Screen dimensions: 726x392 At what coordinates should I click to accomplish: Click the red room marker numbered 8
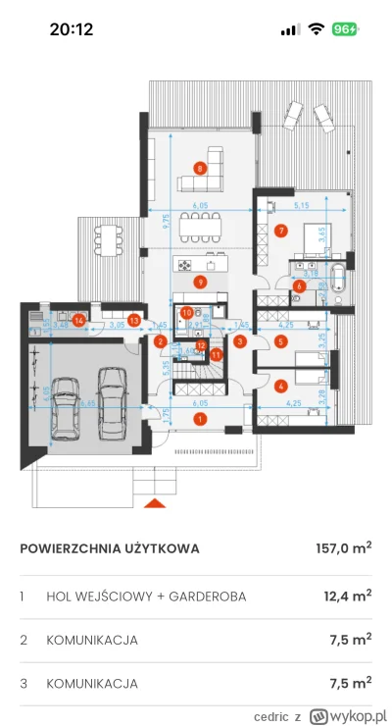click(x=200, y=169)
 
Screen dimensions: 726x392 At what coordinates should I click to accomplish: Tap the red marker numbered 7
click(x=281, y=232)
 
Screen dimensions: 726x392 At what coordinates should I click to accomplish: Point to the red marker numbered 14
click(x=76, y=317)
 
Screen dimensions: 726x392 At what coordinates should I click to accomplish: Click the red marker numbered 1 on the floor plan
click(x=200, y=419)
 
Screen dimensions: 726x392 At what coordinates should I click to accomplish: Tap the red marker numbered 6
click(x=299, y=286)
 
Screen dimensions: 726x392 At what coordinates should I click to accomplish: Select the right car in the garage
click(x=112, y=402)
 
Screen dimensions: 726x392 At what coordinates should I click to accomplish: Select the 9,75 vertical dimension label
click(x=170, y=228)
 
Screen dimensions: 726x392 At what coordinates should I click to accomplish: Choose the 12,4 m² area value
click(x=348, y=596)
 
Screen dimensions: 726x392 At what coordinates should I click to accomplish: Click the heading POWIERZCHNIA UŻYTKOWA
click(x=109, y=548)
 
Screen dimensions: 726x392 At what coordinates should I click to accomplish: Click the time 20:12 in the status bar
click(x=71, y=29)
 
